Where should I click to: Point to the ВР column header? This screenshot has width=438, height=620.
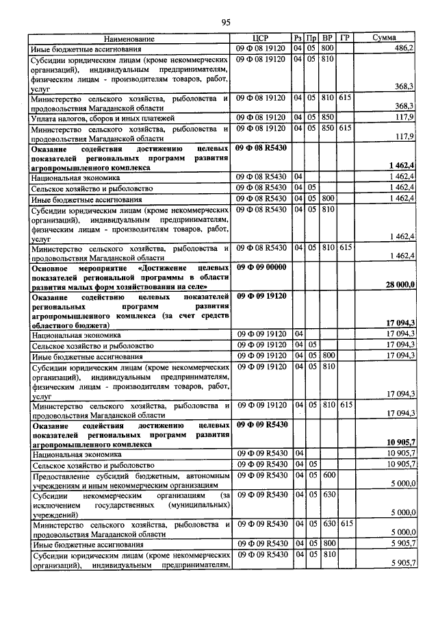[328, 38]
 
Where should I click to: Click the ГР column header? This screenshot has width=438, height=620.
[346, 38]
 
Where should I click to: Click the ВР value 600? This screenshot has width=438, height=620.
[327, 475]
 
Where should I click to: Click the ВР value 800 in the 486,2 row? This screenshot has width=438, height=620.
[327, 49]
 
